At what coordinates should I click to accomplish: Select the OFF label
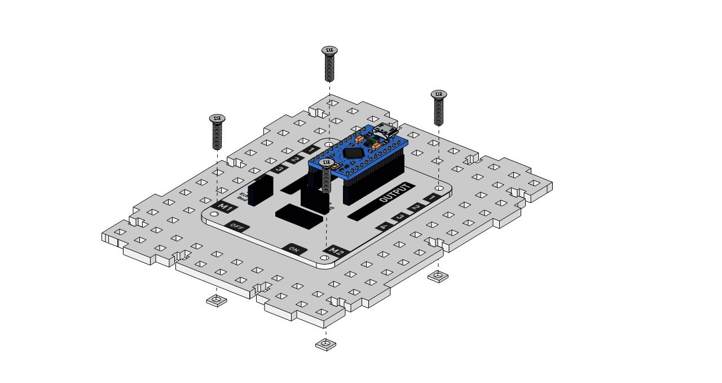point(237,227)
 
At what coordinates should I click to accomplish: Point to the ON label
point(294,249)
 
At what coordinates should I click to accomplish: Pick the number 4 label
point(384,226)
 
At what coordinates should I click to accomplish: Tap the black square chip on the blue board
point(354,152)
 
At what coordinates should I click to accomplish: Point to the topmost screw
point(329,63)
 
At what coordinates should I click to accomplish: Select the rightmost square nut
point(438,276)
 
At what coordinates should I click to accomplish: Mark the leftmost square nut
point(216,301)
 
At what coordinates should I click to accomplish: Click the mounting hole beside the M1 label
point(214,215)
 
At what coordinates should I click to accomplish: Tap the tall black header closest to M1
point(259,190)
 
